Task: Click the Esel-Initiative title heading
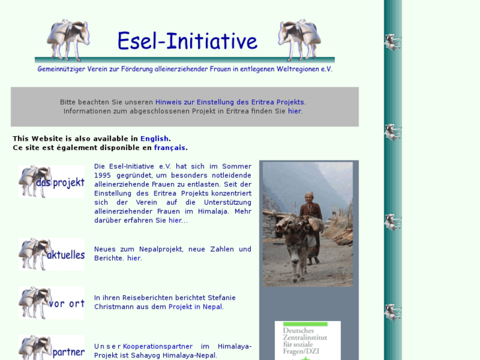(x=187, y=41)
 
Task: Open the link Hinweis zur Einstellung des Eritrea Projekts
(x=230, y=102)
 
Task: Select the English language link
(x=154, y=139)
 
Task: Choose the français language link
(x=170, y=148)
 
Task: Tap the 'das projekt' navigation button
(x=52, y=182)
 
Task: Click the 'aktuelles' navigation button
(x=52, y=254)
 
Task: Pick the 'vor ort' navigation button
(x=52, y=303)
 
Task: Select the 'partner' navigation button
(x=52, y=348)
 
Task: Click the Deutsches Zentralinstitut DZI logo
(x=308, y=341)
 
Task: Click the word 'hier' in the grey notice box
(x=294, y=112)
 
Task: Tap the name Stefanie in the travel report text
(x=221, y=298)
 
